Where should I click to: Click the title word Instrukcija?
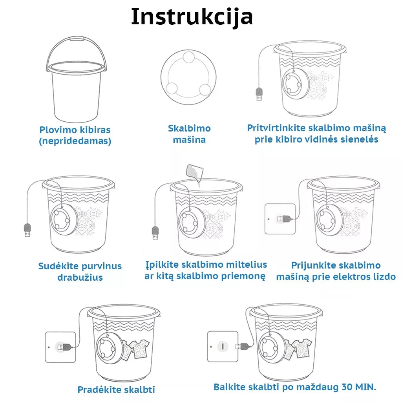(192, 16)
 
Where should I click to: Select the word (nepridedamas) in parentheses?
(75, 141)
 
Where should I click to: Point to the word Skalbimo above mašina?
(189, 128)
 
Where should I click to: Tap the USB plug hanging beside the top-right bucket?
(259, 94)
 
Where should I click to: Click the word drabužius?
(80, 278)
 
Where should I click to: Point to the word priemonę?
(243, 276)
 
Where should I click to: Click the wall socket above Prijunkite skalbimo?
(280, 219)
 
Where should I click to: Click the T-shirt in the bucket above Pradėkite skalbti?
(139, 349)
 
